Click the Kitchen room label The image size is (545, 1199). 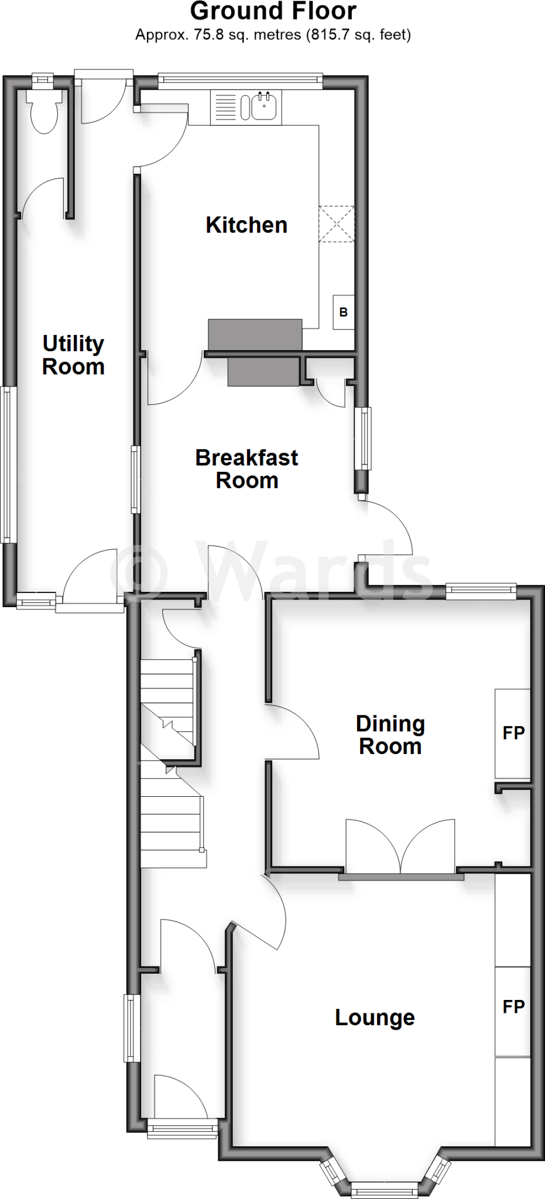(x=246, y=225)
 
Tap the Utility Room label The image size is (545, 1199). (x=73, y=355)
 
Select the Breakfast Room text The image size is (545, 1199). (x=246, y=468)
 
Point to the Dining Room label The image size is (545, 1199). (x=390, y=735)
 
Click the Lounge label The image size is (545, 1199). (x=375, y=1018)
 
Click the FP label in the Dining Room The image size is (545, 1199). (x=513, y=732)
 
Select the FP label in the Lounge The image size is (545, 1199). (x=513, y=1006)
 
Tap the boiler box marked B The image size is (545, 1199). (x=344, y=312)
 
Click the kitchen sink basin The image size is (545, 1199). (x=264, y=106)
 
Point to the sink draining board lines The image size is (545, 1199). (x=225, y=107)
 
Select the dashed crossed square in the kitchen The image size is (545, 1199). (x=337, y=224)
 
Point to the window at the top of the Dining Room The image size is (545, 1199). (x=481, y=591)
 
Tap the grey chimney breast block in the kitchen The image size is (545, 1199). (x=255, y=335)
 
